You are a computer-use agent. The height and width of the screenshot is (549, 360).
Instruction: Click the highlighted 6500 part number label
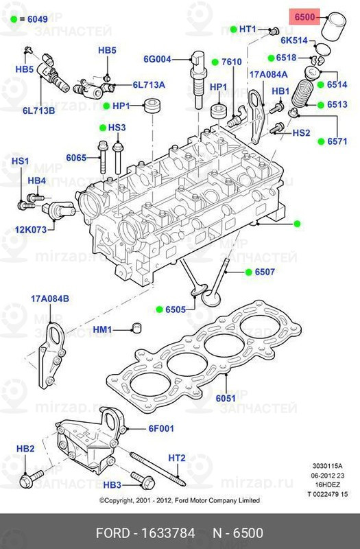pyautogui.click(x=304, y=16)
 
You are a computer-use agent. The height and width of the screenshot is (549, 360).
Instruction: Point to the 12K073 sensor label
pyautogui.click(x=31, y=230)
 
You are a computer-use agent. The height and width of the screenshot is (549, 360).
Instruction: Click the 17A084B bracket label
pyautogui.click(x=50, y=298)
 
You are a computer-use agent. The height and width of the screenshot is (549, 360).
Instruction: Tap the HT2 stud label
pyautogui.click(x=177, y=458)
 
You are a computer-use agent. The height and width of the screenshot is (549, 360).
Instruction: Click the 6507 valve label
pyautogui.click(x=265, y=272)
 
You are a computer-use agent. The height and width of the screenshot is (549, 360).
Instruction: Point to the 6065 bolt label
pyautogui.click(x=76, y=158)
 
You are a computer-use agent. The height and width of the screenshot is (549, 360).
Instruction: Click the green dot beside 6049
pyautogui.click(x=13, y=21)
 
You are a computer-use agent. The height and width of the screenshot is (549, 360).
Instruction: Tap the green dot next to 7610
pyautogui.click(x=215, y=62)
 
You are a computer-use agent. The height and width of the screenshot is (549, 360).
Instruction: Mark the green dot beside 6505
pyautogui.click(x=158, y=309)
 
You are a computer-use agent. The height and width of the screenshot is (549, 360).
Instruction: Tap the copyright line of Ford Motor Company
pyautogui.click(x=180, y=501)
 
